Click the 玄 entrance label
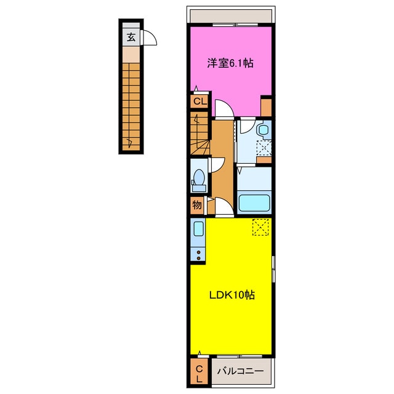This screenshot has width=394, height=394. pos(131,37)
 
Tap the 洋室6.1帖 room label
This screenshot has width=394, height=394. pos(230,63)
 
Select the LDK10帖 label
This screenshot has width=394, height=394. pos(232,295)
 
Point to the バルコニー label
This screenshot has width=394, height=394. pos(241,371)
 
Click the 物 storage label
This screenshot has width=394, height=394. pos(197,205)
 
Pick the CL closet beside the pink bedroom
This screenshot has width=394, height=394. pos(200,102)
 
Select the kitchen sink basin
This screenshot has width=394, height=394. pos(198,229)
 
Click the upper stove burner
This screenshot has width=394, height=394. pos(198,252)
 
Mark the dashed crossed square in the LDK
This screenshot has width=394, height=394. pos(260,227)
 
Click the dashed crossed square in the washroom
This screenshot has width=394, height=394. pos(264,148)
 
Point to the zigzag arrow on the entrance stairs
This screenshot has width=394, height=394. pos(130,143)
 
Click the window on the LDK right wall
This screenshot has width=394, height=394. pos(274,269)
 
